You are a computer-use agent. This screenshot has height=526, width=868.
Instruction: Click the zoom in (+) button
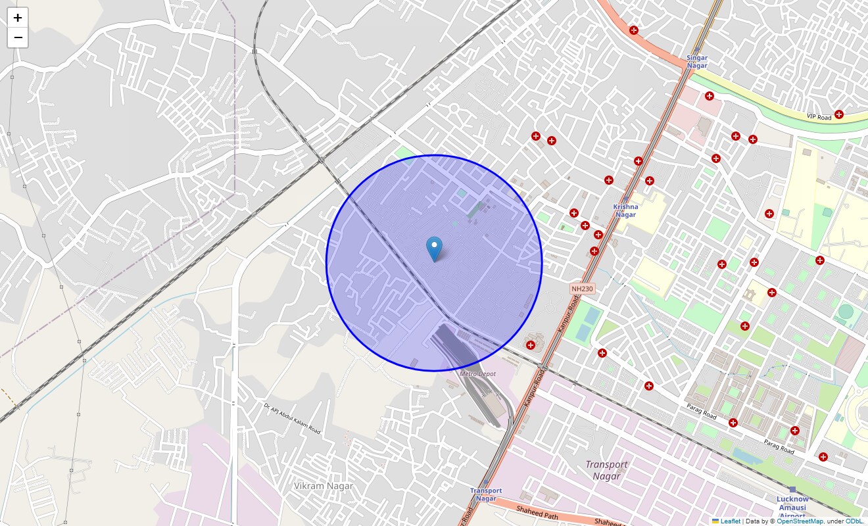18,18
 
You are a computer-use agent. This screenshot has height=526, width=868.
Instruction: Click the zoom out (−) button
18,37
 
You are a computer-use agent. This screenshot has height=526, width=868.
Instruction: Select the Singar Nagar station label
697,62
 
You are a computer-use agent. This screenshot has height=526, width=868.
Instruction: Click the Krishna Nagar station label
625,210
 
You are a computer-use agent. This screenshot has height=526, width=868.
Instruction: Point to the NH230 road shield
582,289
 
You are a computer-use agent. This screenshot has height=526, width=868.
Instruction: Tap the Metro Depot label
477,373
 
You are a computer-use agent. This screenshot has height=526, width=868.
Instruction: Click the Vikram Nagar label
323,486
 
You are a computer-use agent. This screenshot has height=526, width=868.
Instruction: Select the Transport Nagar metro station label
486,494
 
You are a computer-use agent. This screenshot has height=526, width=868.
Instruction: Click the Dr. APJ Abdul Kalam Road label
292,418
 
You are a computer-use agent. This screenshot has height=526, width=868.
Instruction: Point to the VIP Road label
819,117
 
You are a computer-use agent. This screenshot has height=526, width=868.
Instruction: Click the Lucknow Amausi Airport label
792,506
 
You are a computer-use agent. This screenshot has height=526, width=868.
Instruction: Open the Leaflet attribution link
730,521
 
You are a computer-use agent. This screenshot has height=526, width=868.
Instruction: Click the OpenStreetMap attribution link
800,521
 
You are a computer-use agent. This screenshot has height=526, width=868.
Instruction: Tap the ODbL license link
854,521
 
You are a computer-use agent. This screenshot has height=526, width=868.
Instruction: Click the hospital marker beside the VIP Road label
838,114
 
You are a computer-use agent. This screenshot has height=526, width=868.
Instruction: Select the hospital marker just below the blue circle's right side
531,345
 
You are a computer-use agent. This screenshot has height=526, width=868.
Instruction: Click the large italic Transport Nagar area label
606,469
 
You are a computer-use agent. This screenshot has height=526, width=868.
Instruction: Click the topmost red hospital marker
634,30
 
